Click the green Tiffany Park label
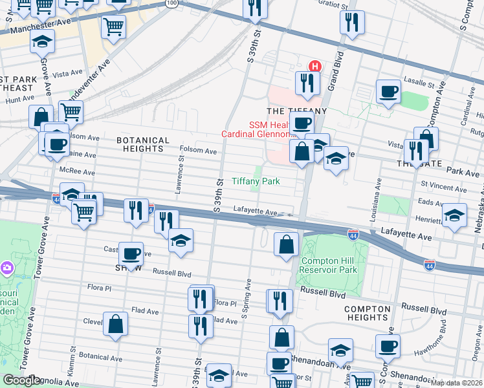[x=256, y=181]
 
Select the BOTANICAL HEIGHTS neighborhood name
[x=142, y=144]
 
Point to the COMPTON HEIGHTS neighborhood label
[x=367, y=313]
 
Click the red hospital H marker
[x=315, y=66]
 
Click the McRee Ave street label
[x=77, y=173]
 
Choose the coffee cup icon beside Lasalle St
[x=389, y=91]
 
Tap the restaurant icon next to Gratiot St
[x=352, y=23]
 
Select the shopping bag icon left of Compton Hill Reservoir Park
[x=286, y=245]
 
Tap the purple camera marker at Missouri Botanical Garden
[x=6, y=267]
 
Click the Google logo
[x=22, y=380]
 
